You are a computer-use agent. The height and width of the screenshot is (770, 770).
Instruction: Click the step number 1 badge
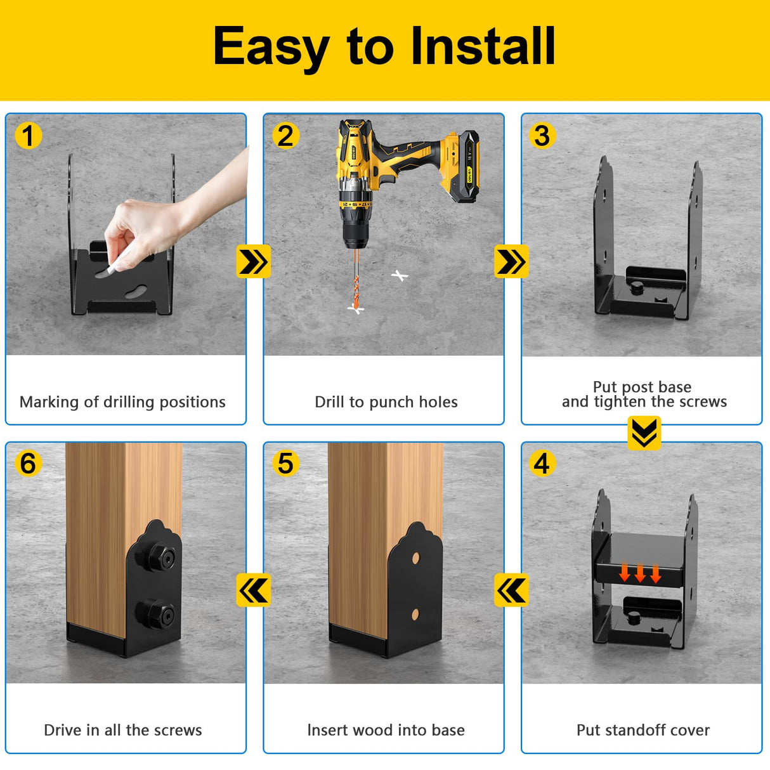point(29,136)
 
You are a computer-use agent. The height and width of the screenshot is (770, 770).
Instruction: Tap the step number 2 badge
point(285,136)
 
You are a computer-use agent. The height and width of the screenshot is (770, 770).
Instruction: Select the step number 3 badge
point(542,136)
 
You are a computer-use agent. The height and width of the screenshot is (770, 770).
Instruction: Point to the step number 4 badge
point(542,464)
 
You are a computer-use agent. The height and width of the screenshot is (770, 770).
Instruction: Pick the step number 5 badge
point(285,464)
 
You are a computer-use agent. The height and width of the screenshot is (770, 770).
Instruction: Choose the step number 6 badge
point(29,464)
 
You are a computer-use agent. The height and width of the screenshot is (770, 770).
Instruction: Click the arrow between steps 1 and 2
point(253,262)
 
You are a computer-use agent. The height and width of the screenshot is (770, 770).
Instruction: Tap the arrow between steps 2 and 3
point(511,262)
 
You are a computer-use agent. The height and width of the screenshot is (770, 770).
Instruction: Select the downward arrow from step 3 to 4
point(644,433)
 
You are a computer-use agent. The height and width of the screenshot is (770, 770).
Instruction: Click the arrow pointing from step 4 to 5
point(511,591)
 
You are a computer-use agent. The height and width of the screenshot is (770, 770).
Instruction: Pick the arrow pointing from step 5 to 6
point(253,591)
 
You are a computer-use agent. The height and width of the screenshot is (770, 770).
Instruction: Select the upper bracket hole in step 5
point(416,558)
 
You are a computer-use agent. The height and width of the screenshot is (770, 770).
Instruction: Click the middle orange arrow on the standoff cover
point(640,573)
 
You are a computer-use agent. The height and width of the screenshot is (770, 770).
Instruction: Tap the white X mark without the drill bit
point(400,276)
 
